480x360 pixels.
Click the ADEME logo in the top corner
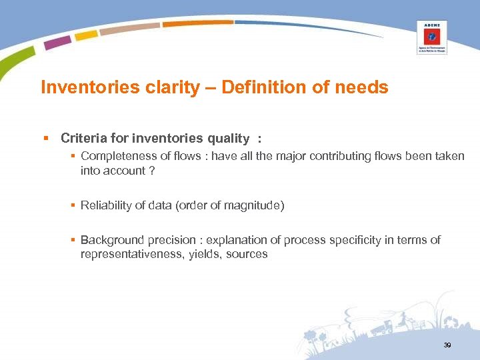pyautogui.click(x=431, y=37)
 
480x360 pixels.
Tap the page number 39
pyautogui.click(x=447, y=345)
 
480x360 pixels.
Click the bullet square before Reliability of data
pyautogui.click(x=74, y=205)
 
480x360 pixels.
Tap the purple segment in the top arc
pyautogui.click(x=58, y=42)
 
